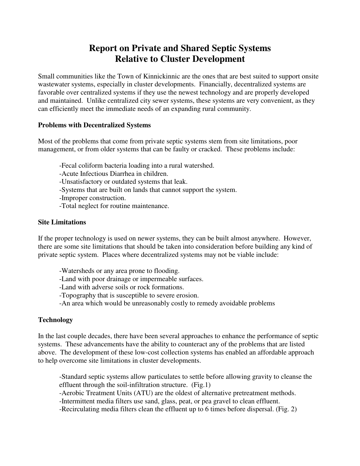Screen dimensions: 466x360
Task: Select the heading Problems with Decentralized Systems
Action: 94,125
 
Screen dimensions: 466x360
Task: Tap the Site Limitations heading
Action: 62,222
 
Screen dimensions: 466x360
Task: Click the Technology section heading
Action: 55,320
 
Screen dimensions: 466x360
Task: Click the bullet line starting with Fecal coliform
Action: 137,165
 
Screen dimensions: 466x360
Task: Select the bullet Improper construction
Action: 92,198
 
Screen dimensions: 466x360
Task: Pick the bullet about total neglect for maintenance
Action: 114,206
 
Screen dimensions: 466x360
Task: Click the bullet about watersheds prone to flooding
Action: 119,271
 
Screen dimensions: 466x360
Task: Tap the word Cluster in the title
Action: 175,59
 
